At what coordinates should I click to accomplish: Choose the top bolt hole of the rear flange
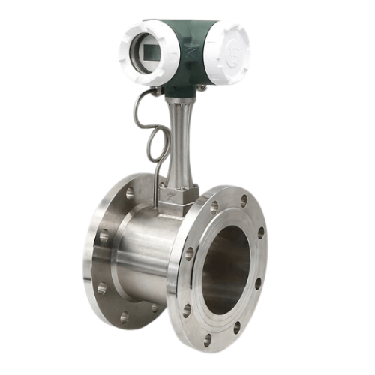pos(130,193)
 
